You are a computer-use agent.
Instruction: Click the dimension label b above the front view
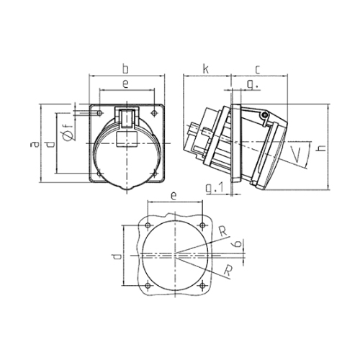125,68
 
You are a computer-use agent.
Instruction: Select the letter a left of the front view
35,144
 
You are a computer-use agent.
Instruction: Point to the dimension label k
206,69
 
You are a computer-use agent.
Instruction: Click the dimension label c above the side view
258,70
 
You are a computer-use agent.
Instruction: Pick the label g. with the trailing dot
252,85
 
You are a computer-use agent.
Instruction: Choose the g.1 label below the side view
215,188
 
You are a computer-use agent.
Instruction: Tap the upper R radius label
224,232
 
